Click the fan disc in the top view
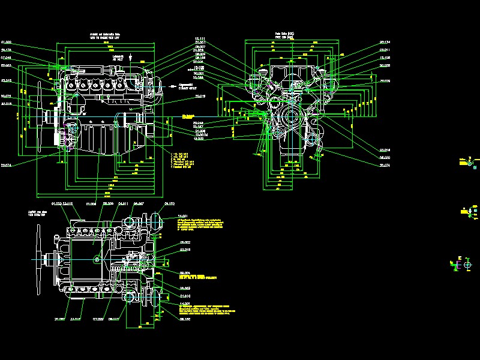(x=40, y=261)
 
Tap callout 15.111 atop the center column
(x=200, y=38)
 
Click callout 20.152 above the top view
(x=169, y=205)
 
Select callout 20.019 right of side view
(x=200, y=97)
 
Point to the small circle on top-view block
(x=97, y=260)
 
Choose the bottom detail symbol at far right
(x=462, y=264)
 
